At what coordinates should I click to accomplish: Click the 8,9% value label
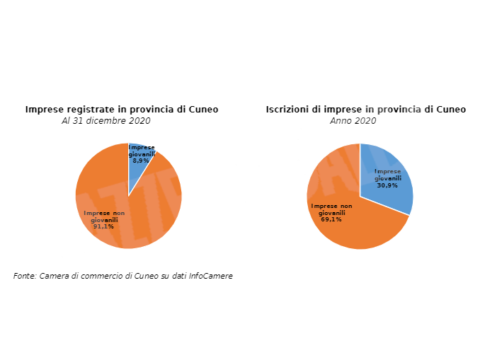tap(142, 161)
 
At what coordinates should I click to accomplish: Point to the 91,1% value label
tap(103, 226)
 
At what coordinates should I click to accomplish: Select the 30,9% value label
tap(387, 185)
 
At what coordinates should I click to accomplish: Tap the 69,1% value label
tap(331, 219)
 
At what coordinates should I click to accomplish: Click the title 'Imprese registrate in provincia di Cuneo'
tap(122, 110)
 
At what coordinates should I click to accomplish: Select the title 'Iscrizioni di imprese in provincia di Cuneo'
tap(365, 110)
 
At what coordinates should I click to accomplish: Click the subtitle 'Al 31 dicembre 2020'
tap(106, 121)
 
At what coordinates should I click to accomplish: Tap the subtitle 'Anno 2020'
tap(353, 121)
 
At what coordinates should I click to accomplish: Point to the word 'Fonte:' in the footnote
tap(25, 276)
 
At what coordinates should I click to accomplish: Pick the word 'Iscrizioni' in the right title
tap(289, 110)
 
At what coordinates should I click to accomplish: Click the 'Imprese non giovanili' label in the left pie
tap(104, 216)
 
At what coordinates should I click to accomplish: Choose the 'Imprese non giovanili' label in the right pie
tap(331, 209)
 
